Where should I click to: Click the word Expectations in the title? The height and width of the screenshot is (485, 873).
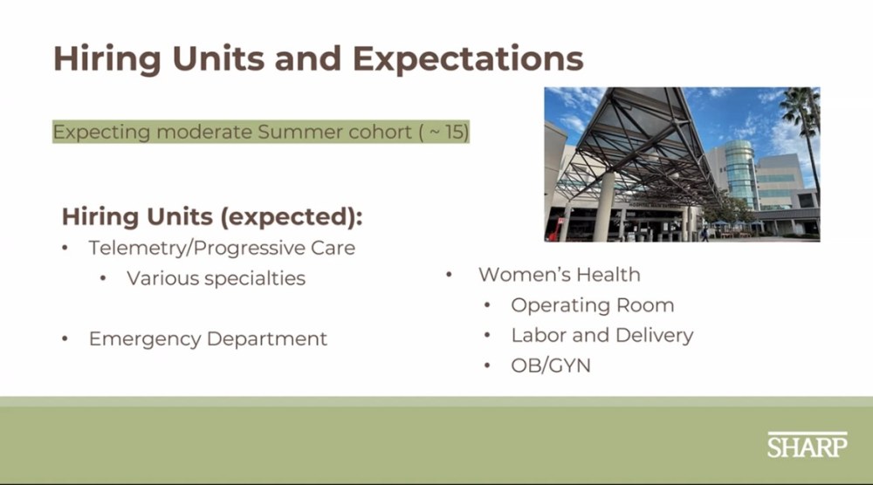468,59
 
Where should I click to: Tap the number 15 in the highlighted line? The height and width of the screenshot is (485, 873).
455,132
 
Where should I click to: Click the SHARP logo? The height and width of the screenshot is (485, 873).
808,445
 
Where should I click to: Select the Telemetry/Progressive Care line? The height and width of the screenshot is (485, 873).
222,248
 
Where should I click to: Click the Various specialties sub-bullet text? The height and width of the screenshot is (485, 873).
216,278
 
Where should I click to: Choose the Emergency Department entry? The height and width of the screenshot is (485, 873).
208,338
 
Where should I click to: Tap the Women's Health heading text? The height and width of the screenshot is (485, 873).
559,274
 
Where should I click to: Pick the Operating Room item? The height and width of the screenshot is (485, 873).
593,304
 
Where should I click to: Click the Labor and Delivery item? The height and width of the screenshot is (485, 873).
601,335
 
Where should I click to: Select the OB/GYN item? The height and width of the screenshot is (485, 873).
551,365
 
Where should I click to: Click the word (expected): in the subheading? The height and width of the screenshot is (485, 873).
292,217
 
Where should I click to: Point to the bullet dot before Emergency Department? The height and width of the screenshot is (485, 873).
65,338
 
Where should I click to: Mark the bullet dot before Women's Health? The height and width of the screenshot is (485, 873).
449,275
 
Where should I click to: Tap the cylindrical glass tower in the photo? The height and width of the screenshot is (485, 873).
739,174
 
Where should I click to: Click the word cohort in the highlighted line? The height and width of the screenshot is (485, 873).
380,132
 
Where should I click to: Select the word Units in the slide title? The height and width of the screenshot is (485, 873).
219,59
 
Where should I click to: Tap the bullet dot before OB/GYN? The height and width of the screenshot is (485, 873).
488,365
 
